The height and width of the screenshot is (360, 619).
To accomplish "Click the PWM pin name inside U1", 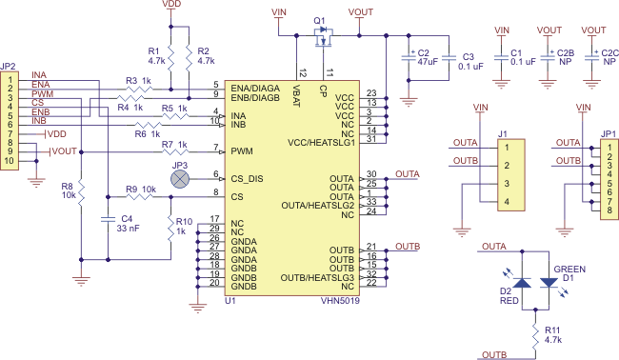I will pos(242,150).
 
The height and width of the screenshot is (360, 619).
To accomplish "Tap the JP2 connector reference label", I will pos(10,67).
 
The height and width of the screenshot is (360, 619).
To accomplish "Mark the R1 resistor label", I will pos(155,50).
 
